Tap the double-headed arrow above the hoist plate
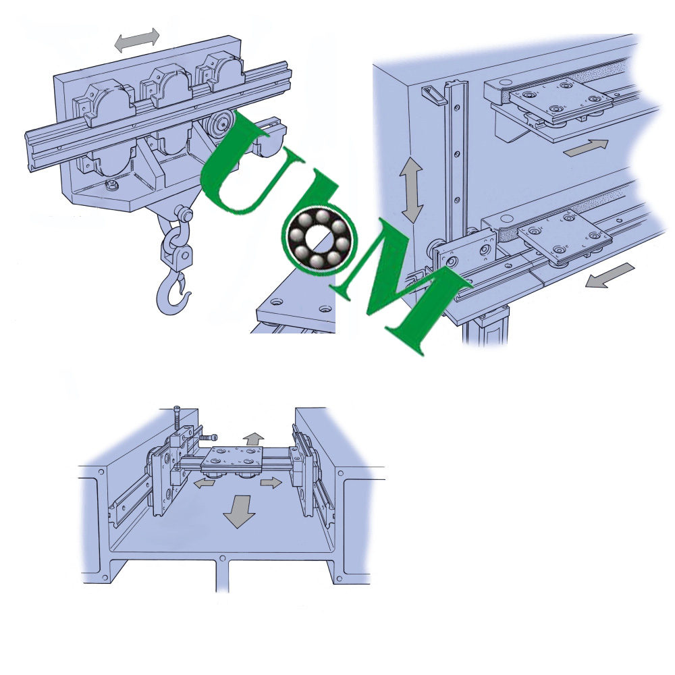[137, 40]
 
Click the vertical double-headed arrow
[411, 190]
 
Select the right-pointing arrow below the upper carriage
[587, 148]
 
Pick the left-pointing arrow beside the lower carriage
[610, 275]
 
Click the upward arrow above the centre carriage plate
[252, 440]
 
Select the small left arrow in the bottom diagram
[204, 483]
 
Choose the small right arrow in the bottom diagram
[271, 482]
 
